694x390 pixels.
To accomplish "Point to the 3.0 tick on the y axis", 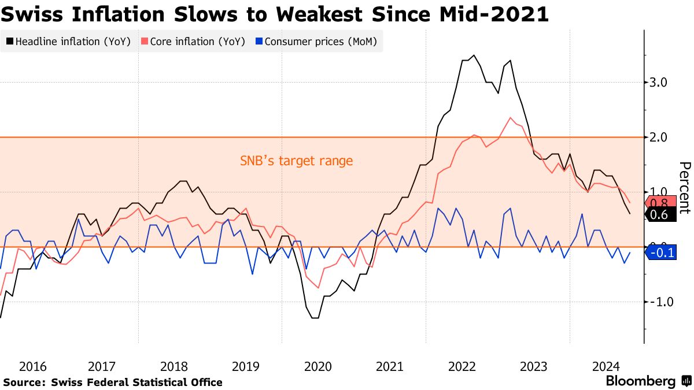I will point(659,83).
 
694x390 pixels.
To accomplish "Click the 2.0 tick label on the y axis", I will point(659,138).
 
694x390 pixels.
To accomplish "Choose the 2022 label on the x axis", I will point(462,366).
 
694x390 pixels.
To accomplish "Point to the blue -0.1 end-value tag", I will point(660,252).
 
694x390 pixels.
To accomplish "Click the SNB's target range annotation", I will point(296,161).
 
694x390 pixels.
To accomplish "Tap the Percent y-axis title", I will point(684,188).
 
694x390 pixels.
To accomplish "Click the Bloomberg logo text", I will point(640,381).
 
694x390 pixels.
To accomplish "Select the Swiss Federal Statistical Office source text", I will point(136,382).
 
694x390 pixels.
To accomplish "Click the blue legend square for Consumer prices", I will point(260,42).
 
